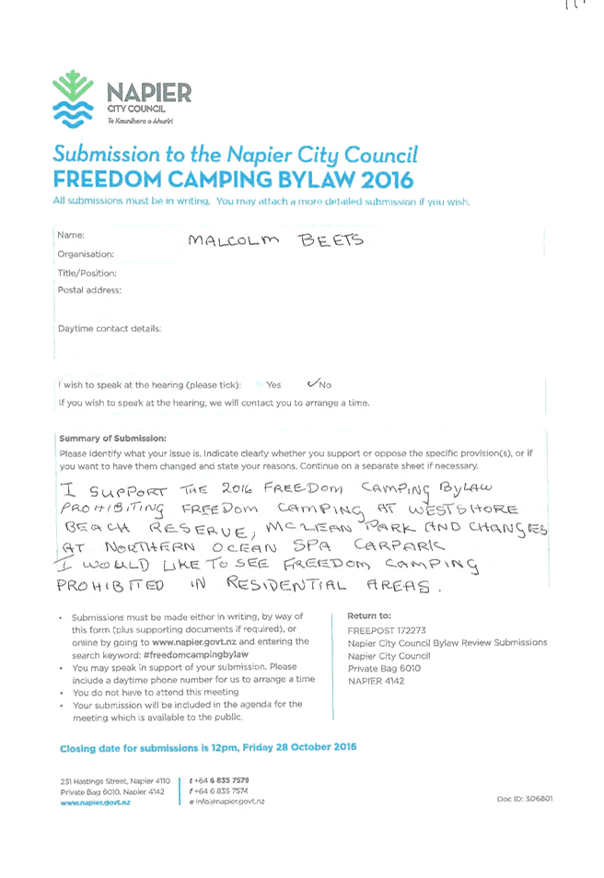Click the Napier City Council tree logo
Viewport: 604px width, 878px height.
(74, 99)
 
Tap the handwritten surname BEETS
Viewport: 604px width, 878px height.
(331, 240)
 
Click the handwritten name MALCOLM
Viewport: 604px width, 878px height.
(234, 240)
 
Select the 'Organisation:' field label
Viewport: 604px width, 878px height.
(86, 254)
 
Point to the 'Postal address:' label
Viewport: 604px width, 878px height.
(89, 290)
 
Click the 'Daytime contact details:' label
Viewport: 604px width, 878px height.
(110, 329)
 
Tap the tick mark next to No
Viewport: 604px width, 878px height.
(312, 383)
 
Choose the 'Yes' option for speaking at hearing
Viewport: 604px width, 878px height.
(273, 385)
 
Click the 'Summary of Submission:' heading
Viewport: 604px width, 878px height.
(112, 439)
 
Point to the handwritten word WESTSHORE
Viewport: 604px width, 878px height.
(463, 509)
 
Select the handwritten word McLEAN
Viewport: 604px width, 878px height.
(308, 528)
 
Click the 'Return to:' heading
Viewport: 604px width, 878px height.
(369, 615)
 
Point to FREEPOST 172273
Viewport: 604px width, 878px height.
(386, 630)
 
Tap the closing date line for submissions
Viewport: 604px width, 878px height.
(208, 747)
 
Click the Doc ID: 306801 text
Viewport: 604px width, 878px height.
(525, 799)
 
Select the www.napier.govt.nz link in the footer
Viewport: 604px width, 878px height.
(95, 802)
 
